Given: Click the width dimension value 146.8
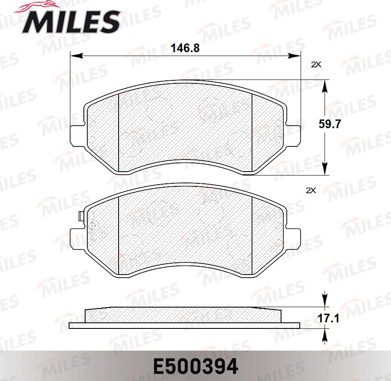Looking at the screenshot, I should [x=185, y=48].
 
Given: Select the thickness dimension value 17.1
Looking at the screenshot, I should [x=329, y=319].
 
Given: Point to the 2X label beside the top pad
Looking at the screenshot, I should [x=316, y=64].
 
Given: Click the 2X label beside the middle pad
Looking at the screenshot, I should [x=311, y=190].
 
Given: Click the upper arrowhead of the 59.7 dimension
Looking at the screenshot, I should [x=324, y=85].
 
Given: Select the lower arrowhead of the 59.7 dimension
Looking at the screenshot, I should [x=324, y=169].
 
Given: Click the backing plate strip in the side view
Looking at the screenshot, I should [x=185, y=325].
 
